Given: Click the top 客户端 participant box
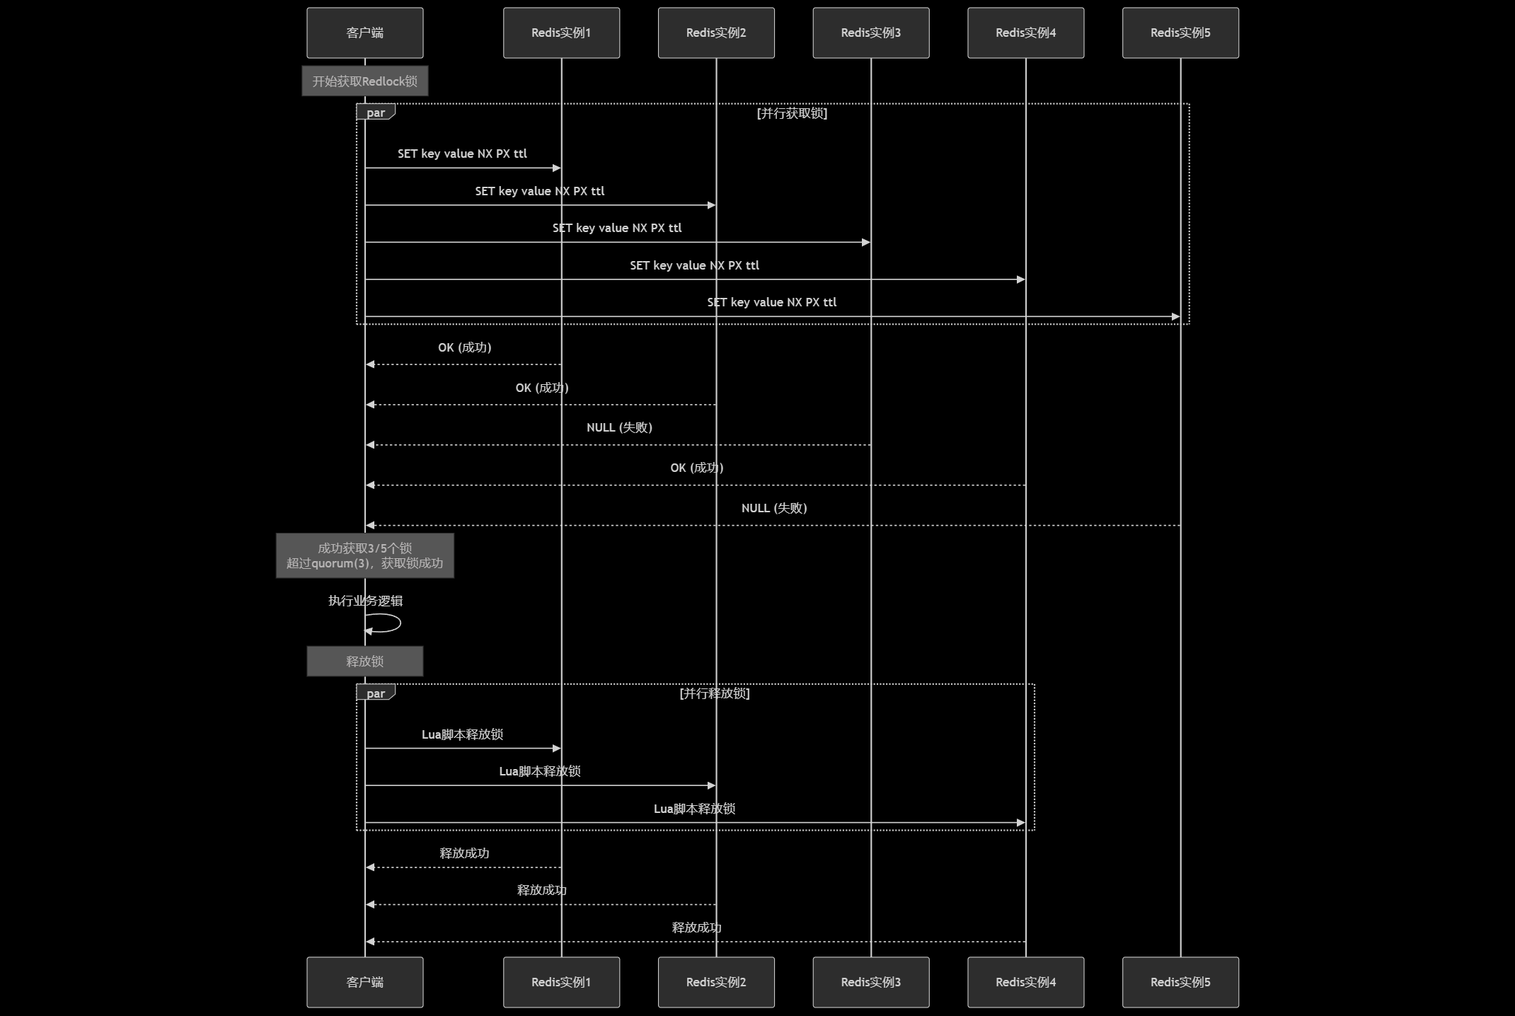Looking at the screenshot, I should coord(364,33).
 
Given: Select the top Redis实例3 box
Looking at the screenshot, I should coord(870,33).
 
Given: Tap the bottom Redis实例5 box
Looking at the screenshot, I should coord(1180,981).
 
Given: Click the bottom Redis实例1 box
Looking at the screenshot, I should coord(561,981).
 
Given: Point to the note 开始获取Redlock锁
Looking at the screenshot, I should coord(364,81).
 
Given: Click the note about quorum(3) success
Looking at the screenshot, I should coord(364,555).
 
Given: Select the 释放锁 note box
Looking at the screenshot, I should coord(364,661).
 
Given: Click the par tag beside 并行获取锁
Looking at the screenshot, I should coord(375,112).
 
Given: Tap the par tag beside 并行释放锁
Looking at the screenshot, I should coord(375,693).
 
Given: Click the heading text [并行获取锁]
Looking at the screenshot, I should coord(792,113).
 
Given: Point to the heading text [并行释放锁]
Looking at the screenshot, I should coord(714,693).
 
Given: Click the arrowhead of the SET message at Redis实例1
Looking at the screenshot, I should coord(556,168).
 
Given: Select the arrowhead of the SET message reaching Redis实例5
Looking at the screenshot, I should coord(1175,316).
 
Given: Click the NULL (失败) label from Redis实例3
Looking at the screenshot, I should coord(619,427).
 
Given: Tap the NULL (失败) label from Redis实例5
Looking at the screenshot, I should coord(774,508).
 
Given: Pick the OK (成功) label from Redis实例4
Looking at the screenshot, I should coord(696,468).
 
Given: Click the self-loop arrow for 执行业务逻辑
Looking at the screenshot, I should coord(386,623).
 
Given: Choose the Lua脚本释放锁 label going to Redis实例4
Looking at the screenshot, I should coord(694,809).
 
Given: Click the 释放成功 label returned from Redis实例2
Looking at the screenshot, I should coord(541,890).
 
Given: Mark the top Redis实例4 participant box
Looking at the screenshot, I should coord(1025,33).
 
